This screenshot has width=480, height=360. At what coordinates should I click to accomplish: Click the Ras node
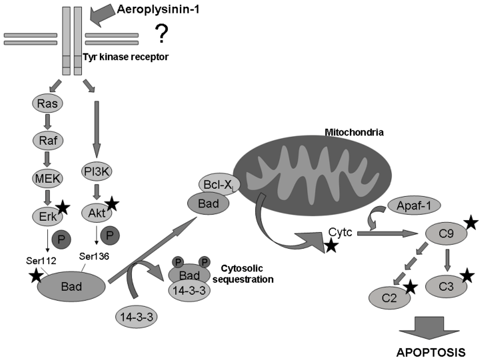pyautogui.click(x=47, y=105)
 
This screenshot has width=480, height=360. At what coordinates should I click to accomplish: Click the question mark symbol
pyautogui.click(x=161, y=31)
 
